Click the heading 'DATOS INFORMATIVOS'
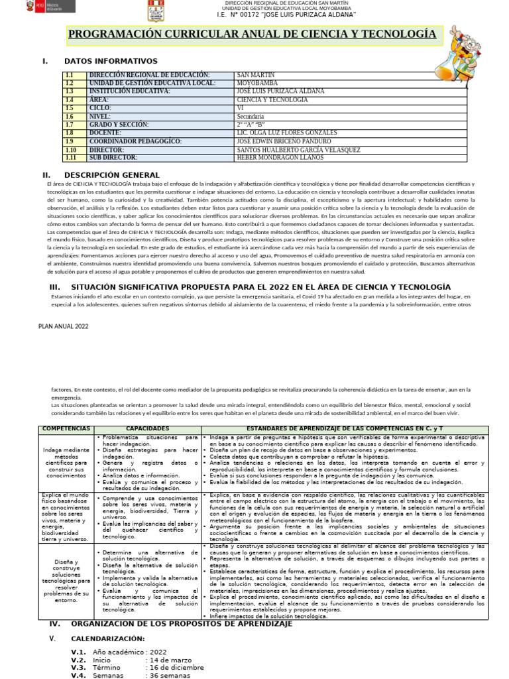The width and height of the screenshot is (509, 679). [x=111, y=61]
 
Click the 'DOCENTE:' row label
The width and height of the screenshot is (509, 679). [x=105, y=133]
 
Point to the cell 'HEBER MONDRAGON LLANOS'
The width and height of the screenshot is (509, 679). [x=280, y=158]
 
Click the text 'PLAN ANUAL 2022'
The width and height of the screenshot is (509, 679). [x=63, y=326]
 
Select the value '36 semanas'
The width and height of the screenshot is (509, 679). [x=171, y=675]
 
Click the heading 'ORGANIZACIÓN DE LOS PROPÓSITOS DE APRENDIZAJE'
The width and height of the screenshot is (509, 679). [x=181, y=625]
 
